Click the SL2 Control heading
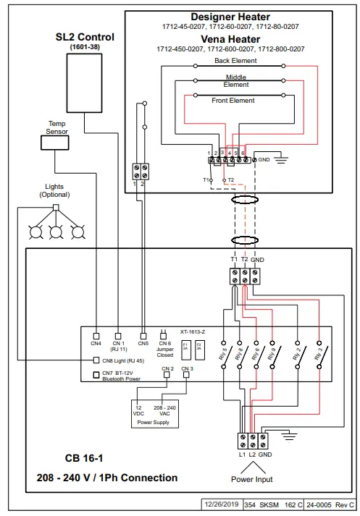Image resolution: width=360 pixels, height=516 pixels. tap(85, 37)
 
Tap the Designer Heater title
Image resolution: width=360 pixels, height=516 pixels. tap(230, 17)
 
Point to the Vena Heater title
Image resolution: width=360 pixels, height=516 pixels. tap(230, 40)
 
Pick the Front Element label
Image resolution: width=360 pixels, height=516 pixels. tap(233, 101)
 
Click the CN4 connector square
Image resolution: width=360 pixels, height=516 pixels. tap(96, 335)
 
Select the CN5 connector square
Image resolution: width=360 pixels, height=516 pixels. tap(143, 335)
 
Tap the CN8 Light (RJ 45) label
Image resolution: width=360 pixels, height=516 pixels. tap(122, 360)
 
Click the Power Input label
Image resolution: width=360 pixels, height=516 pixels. tap(251, 479)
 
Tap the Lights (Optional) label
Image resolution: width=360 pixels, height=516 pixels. tap(55, 190)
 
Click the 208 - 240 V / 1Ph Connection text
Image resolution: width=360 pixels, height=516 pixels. tap(107, 478)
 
